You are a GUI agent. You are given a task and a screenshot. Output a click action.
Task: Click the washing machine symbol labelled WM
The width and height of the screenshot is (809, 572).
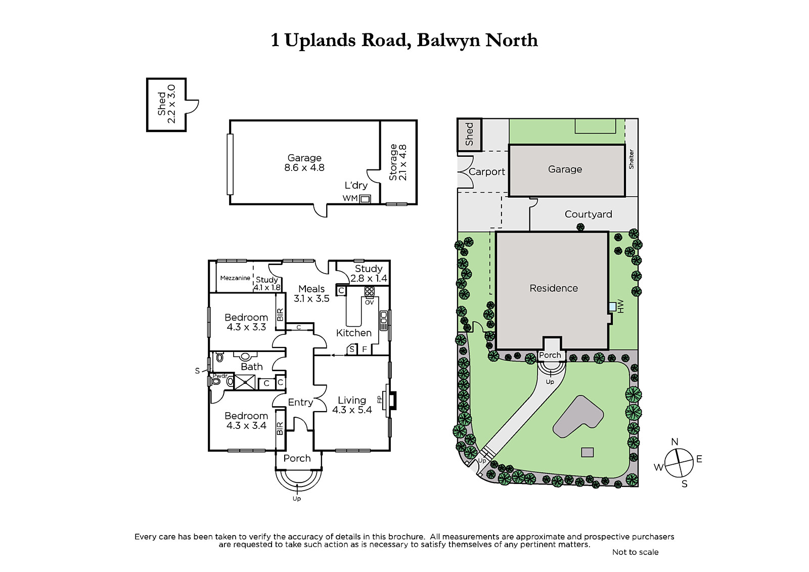pos(365,199)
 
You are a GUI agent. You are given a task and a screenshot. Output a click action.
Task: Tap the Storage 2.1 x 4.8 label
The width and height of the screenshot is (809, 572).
pos(397,162)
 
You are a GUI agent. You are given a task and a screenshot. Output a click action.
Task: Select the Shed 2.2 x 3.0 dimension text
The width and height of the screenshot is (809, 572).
pos(166,104)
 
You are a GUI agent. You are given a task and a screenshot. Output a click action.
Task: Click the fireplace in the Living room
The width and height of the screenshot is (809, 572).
pos(391,401)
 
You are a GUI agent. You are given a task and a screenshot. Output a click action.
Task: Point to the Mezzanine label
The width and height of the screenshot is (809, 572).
pos(235,278)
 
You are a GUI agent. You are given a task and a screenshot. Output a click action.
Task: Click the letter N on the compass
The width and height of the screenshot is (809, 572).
pos(675,442)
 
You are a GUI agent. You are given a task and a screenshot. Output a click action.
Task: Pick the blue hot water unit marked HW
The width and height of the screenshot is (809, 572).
pos(612,307)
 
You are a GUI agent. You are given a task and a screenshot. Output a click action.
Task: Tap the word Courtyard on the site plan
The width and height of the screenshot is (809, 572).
pos(589,214)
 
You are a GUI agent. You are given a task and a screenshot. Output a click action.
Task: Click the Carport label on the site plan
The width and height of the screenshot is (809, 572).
pos(486,171)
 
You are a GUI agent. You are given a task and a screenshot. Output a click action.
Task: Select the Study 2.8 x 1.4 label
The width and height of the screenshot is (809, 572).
pos(369,274)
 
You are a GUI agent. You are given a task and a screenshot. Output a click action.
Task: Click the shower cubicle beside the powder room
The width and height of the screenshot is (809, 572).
pos(245,382)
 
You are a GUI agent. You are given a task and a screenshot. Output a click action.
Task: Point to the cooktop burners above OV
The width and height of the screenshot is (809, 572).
pos(369,291)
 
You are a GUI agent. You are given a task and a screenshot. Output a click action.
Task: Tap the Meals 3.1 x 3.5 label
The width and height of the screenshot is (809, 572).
pos(311,293)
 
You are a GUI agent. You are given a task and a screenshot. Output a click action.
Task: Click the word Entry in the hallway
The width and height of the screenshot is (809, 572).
pos(300,402)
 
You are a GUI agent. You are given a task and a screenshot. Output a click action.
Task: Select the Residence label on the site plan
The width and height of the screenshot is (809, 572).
pos(554,288)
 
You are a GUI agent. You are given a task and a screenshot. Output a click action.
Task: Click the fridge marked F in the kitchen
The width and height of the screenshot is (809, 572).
pos(365,349)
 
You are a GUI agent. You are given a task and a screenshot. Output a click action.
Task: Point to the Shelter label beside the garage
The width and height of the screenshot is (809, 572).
pos(632,159)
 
